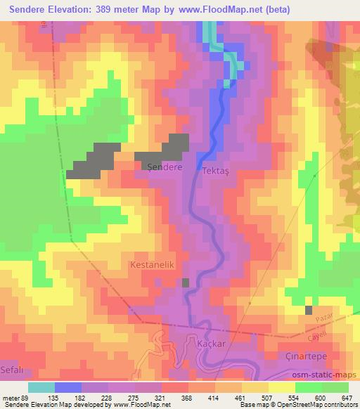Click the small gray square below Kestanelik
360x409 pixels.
pos(186,283)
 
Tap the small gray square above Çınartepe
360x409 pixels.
pos(309,310)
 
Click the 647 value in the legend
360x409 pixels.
pos(346,398)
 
